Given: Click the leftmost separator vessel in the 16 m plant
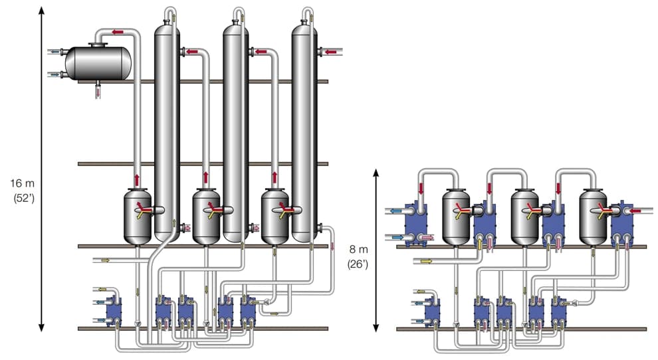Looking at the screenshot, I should point(139,217).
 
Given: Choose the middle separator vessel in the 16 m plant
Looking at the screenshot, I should point(207,217).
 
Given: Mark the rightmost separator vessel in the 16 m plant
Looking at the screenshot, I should point(275,217).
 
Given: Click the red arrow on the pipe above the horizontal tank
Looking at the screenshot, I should point(117,31).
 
